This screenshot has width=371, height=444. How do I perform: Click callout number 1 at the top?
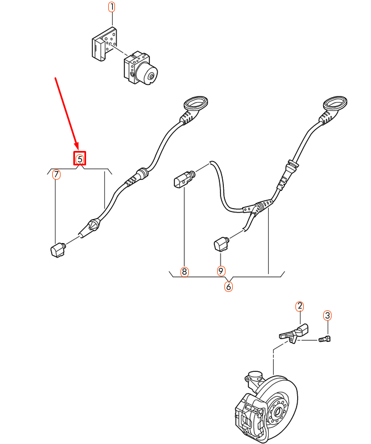click(x=112, y=7)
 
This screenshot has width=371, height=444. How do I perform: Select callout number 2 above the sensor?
click(x=299, y=306)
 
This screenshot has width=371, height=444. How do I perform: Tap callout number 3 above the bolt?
click(x=328, y=315)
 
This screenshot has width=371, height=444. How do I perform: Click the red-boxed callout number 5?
click(x=80, y=159)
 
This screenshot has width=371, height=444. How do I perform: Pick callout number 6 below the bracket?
click(x=228, y=287)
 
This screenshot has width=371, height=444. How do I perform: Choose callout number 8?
click(x=184, y=272)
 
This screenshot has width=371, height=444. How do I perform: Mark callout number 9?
click(x=220, y=271)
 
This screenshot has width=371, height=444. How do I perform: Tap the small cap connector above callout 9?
click(x=220, y=243)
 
